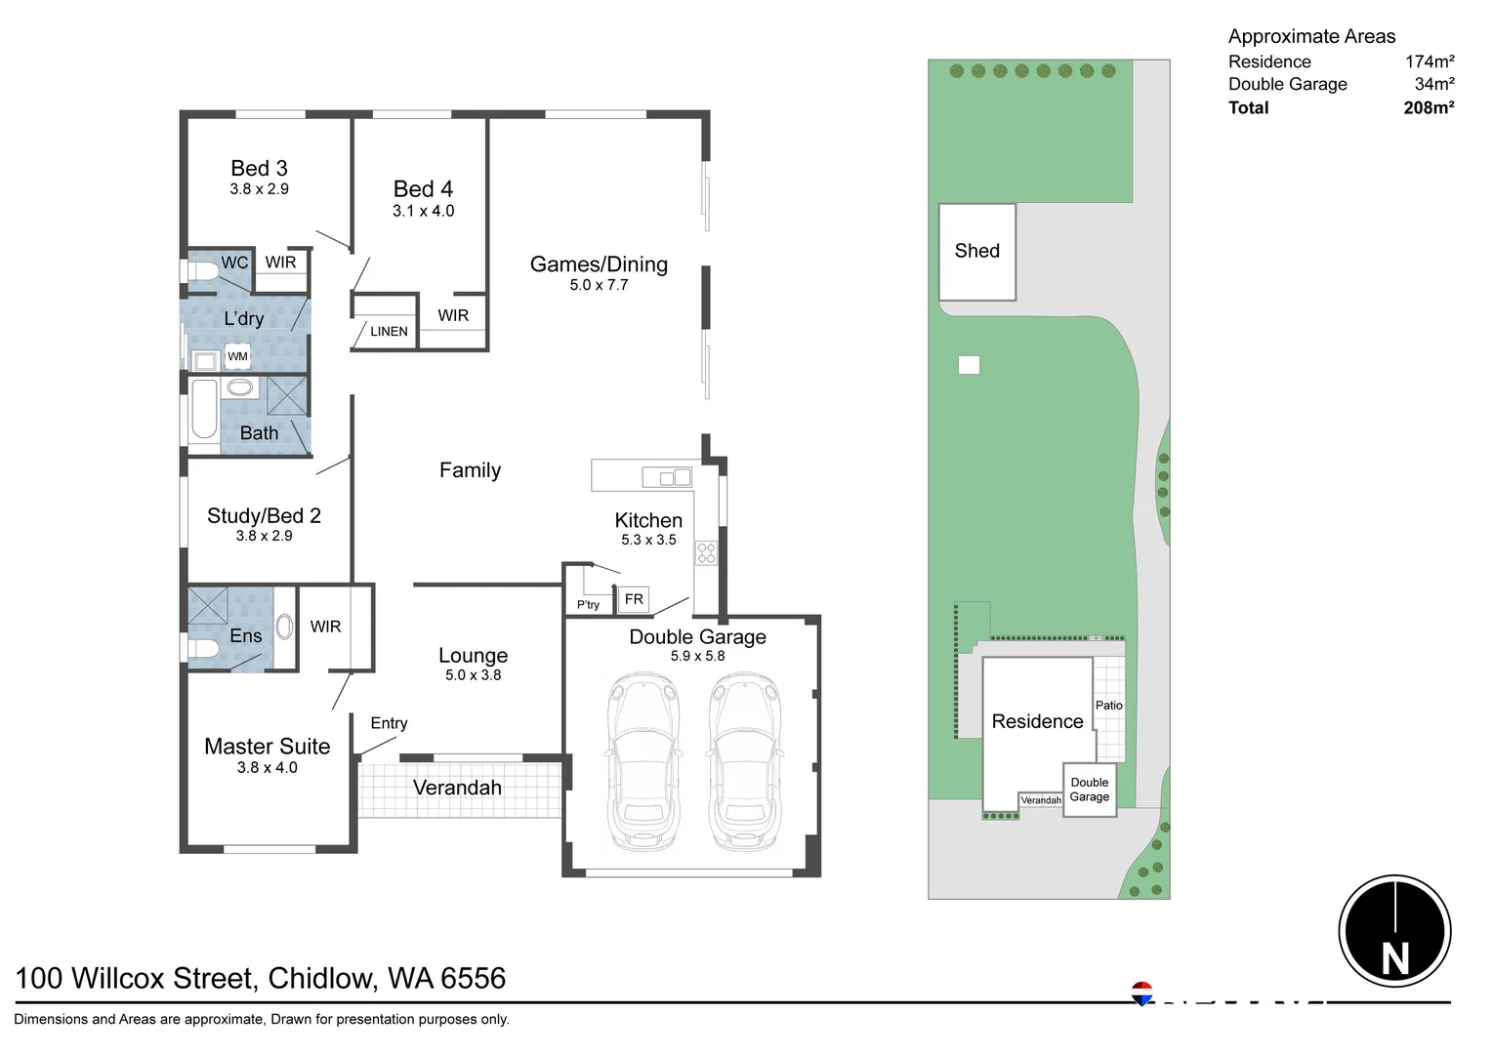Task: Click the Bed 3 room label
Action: (259, 169)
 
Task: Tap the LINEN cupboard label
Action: (389, 332)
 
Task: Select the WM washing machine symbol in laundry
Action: (237, 357)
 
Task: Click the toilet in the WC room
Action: (203, 272)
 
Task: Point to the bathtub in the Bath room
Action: (204, 410)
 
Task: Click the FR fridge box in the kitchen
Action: (634, 599)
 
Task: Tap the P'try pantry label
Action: (588, 605)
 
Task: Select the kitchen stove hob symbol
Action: (706, 553)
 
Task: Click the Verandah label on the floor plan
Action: (457, 788)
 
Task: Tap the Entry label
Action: (389, 723)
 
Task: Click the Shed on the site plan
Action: (976, 252)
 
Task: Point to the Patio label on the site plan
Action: (1108, 706)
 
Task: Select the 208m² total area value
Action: (1429, 108)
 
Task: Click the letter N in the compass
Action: (1394, 958)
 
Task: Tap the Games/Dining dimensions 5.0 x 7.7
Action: (599, 285)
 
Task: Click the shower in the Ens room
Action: (208, 605)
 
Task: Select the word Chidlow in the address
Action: (322, 978)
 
